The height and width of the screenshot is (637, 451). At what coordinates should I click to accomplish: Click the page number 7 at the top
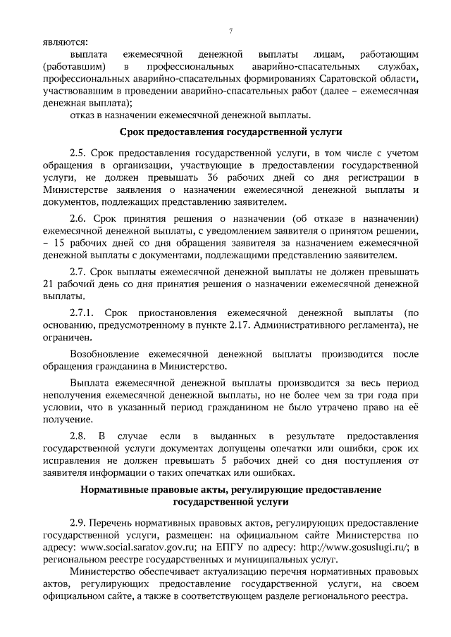pyautogui.click(x=231, y=30)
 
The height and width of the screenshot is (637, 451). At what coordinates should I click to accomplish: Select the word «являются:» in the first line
pyautogui.click(x=61, y=41)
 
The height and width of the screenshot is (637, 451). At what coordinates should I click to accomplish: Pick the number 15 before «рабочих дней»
pyautogui.click(x=61, y=242)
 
